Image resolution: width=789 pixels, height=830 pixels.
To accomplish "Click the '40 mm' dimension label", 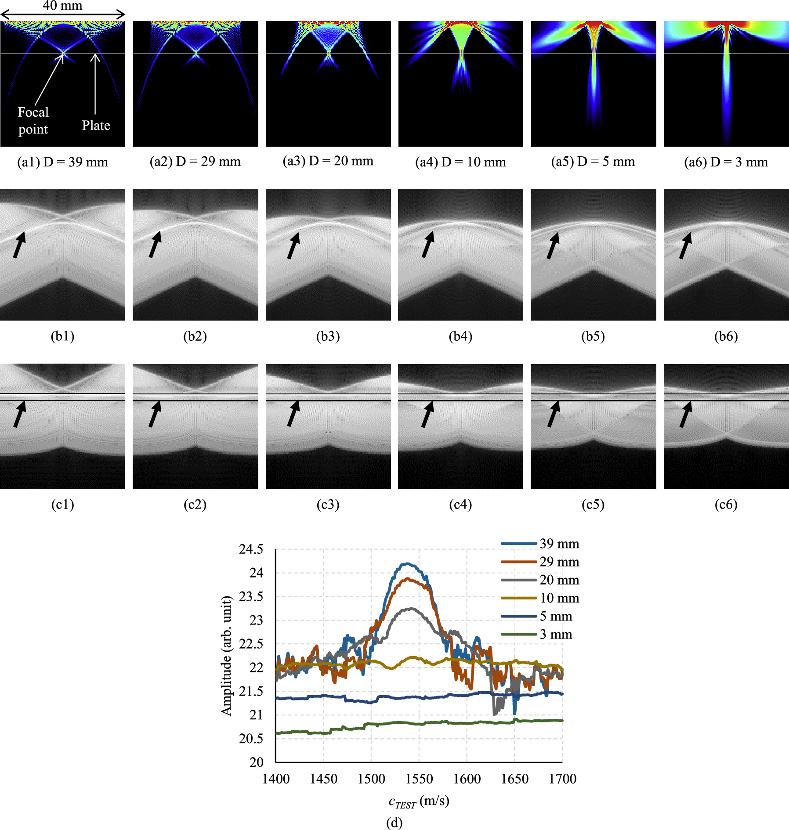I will (62, 6).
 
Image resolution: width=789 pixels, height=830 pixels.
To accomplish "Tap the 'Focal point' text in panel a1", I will (33, 121).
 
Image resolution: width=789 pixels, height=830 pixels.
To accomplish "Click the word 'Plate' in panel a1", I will (96, 126).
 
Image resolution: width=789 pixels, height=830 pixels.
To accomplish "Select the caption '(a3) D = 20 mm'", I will (328, 161).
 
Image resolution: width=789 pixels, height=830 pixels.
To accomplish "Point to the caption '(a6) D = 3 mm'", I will (726, 162).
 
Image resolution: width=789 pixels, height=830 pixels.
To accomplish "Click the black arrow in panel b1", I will (19, 245).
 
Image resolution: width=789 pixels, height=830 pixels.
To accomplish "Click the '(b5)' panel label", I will (593, 336).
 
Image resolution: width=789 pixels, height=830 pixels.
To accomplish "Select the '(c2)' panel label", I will (195, 504).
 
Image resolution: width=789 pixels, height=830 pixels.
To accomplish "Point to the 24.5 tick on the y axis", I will (251, 549).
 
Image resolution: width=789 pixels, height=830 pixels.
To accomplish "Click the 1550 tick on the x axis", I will (419, 779).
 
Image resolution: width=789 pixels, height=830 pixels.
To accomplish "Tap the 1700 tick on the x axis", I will (562, 779).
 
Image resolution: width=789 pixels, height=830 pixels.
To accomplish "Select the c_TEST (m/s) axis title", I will (419, 801).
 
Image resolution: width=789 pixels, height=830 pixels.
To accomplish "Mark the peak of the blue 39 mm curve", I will (408, 564).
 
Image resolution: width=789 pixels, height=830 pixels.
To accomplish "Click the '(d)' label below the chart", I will (394, 823).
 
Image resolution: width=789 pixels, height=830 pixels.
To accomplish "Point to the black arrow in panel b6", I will (685, 245).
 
